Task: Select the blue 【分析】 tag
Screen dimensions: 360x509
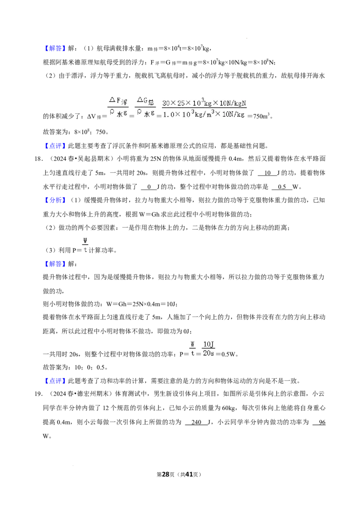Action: [54, 200]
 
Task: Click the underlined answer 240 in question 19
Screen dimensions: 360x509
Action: [197, 422]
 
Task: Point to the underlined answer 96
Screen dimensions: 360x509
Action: [322, 422]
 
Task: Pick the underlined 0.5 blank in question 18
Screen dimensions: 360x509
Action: [282, 187]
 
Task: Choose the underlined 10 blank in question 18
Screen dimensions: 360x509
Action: [267, 173]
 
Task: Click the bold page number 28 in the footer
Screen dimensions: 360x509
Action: [166, 474]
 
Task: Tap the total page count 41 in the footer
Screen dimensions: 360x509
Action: [189, 474]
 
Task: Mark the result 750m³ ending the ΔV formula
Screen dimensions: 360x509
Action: [261, 116]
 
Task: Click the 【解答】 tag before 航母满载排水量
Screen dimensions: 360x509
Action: [54, 49]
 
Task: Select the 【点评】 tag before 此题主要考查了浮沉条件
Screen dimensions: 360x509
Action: [54, 146]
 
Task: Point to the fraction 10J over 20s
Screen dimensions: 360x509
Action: [208, 349]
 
